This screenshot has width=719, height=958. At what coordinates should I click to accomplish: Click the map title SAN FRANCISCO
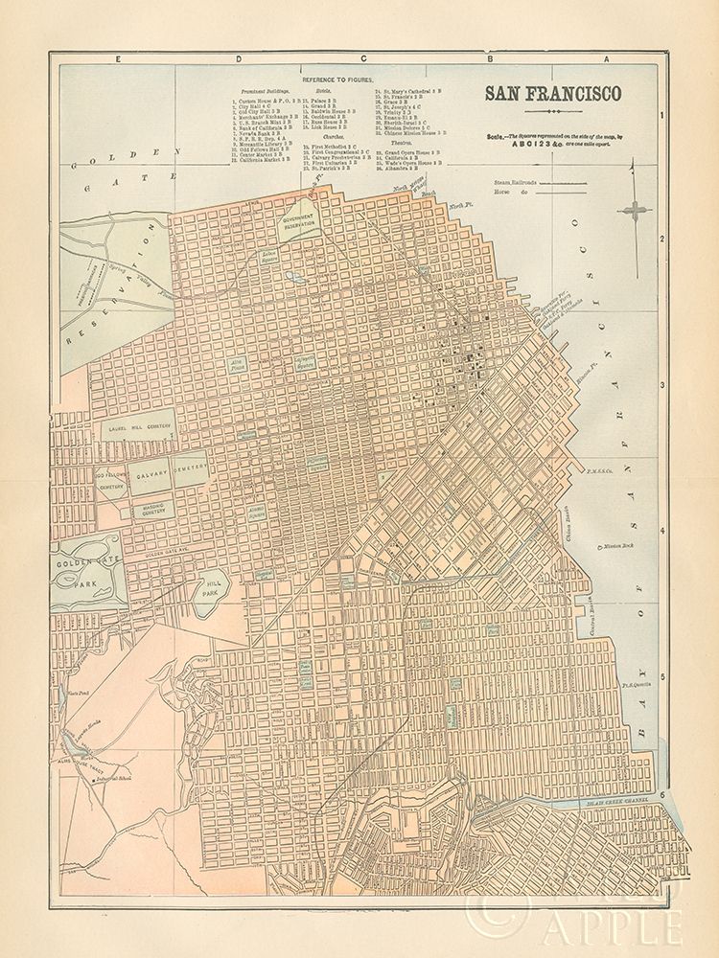click(552, 94)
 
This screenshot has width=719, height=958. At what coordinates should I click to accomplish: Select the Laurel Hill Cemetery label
click(138, 431)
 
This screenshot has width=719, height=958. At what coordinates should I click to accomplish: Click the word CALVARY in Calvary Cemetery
click(151, 473)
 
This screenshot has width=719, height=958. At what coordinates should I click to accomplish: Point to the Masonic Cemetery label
click(141, 507)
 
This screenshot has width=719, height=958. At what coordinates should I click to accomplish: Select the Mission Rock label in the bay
click(617, 547)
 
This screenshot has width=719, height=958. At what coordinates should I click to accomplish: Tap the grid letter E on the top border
click(118, 59)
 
